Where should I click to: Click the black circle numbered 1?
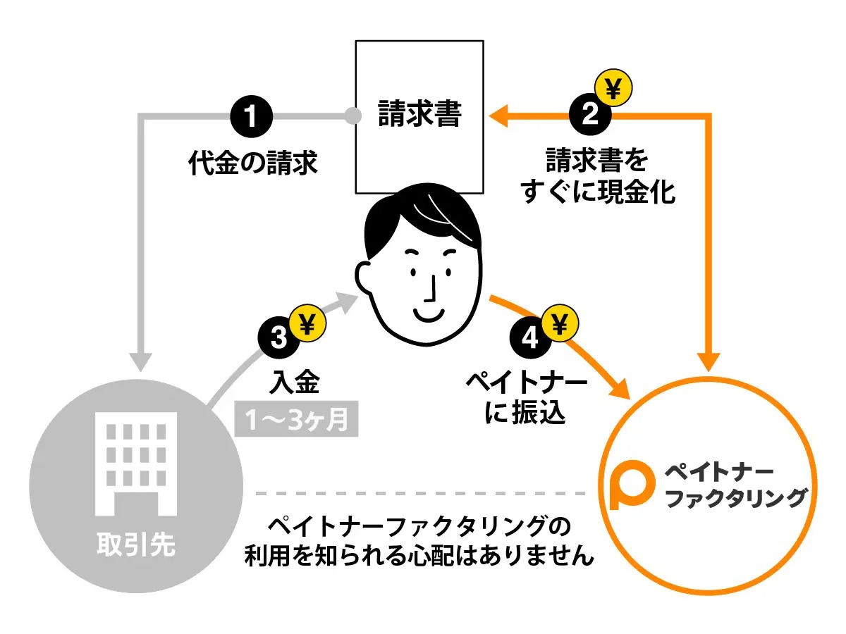click(251, 116)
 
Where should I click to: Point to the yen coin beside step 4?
click(559, 324)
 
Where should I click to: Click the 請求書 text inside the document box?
click(419, 114)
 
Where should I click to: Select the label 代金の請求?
click(252, 163)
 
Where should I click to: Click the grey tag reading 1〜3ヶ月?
click(297, 421)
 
